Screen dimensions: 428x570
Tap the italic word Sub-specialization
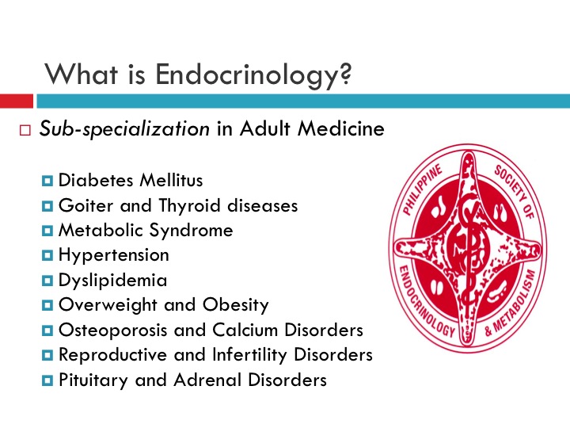point(125,129)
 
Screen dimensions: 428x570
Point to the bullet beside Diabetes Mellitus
point(49,181)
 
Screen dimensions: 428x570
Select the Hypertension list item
point(113,255)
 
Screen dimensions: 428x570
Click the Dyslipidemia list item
point(112,280)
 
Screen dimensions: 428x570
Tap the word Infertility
point(254,354)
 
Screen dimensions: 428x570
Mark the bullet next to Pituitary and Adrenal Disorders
point(49,380)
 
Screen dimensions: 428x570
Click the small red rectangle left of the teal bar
point(16,101)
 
